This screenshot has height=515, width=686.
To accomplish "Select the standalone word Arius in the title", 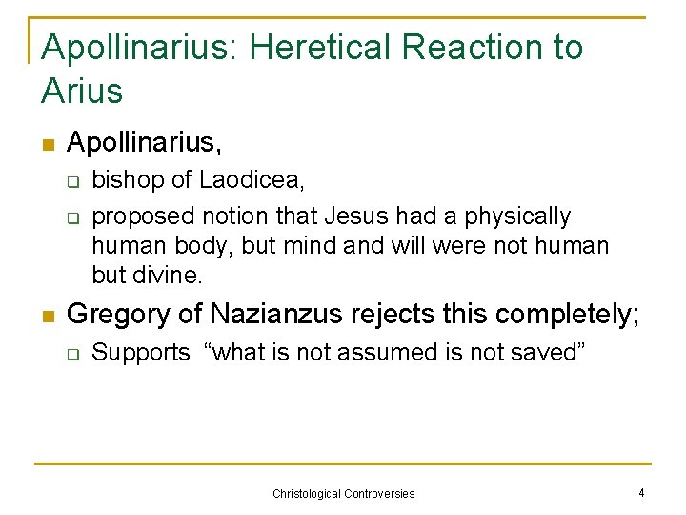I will click(x=83, y=92).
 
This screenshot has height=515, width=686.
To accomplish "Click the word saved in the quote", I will click(x=544, y=353).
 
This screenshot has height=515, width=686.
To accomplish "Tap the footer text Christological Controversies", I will click(x=344, y=494).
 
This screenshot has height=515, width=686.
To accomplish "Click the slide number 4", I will click(x=641, y=493).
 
